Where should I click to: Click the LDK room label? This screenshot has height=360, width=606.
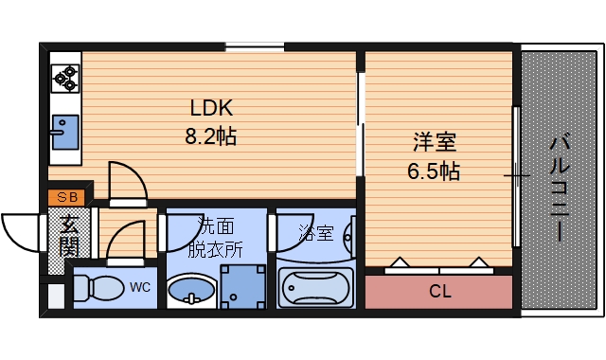211,106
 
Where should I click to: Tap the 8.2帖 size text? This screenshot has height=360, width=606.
210,135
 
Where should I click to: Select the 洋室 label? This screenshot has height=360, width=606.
435,143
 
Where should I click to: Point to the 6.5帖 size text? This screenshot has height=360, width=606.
435,171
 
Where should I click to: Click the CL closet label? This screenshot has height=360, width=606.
440,291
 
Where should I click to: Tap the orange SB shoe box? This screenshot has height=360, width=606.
67,197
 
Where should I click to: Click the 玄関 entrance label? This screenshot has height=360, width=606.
69,236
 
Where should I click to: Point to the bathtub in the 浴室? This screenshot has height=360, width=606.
315,287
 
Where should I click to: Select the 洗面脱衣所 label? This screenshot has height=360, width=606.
215,237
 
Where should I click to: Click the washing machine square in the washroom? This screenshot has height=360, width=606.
242,285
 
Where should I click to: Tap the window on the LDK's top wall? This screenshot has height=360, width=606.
255,45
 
